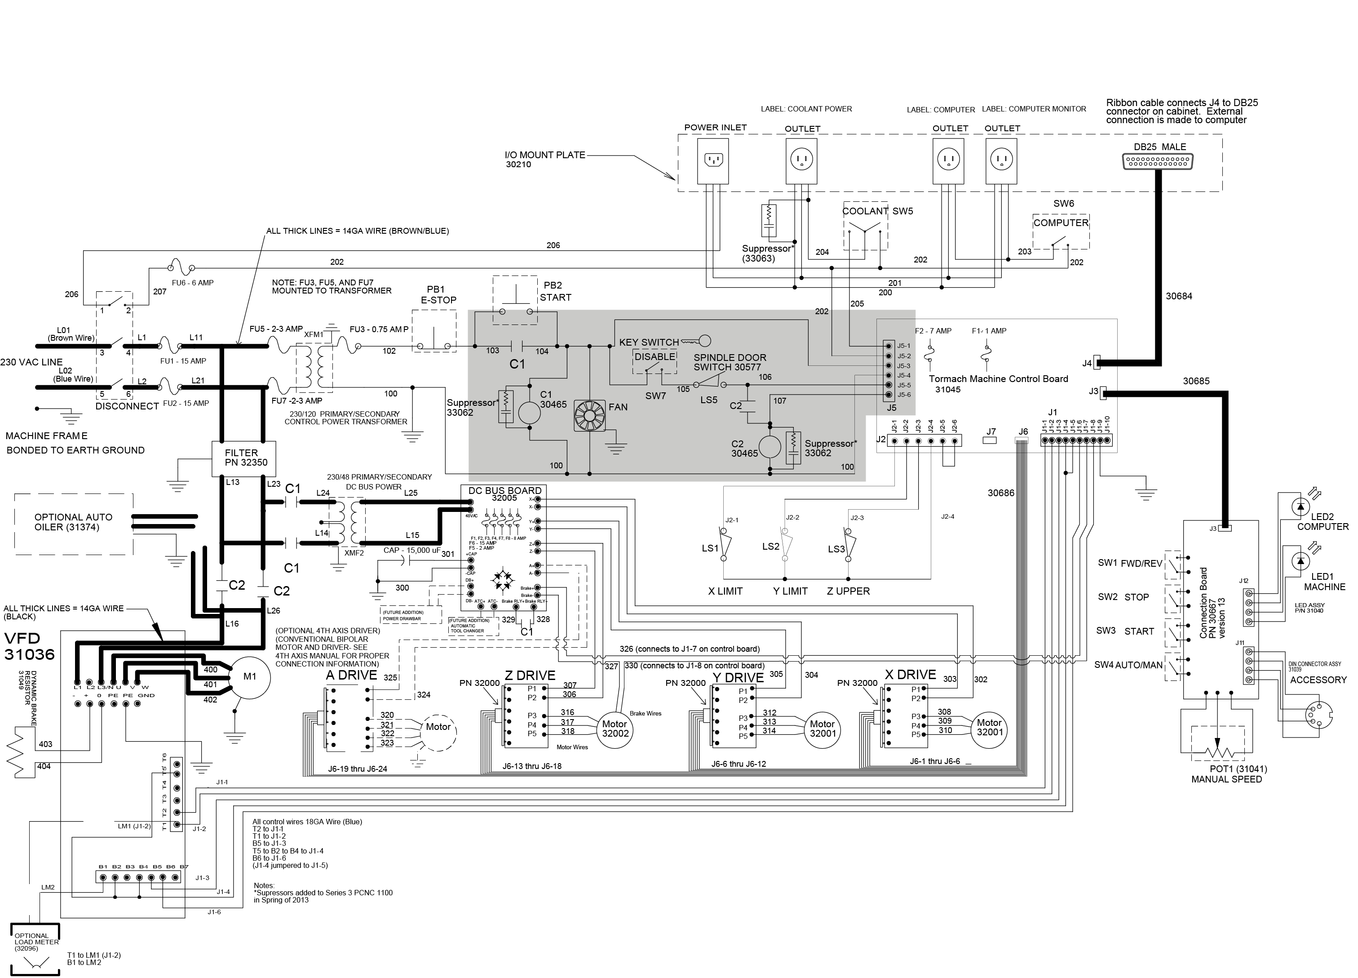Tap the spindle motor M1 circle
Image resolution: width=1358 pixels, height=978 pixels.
click(250, 677)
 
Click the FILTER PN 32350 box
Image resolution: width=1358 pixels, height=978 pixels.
click(243, 458)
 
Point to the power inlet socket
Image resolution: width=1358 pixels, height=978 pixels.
click(713, 160)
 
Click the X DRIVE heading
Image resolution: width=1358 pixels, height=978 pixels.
click(910, 674)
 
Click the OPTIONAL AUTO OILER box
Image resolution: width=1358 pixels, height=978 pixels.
click(74, 522)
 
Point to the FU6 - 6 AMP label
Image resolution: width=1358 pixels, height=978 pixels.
click(192, 283)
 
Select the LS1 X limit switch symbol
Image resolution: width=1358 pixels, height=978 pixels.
click(726, 544)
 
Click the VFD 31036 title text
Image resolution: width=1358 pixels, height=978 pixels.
click(29, 645)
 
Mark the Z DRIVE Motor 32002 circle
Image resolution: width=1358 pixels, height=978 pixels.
click(615, 729)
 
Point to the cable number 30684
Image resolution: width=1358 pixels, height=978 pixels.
click(1178, 296)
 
